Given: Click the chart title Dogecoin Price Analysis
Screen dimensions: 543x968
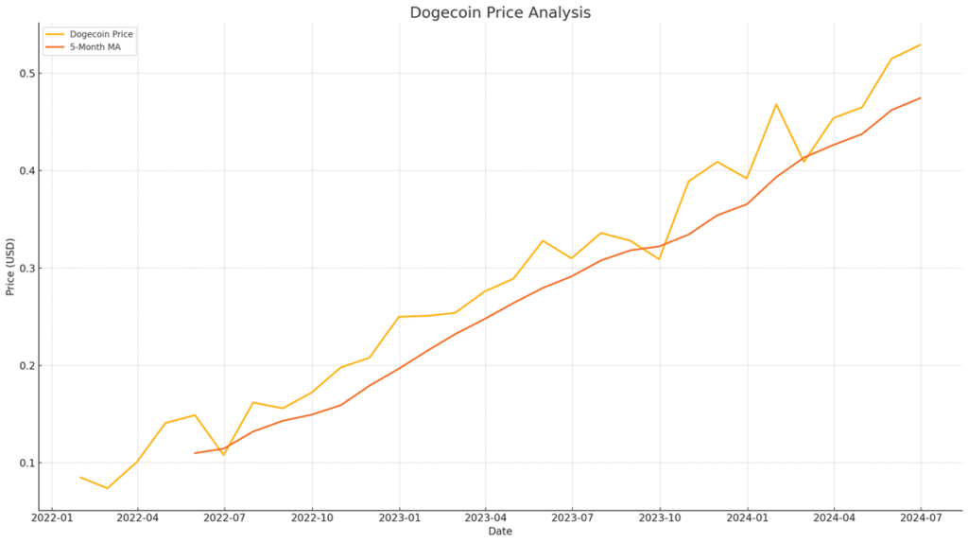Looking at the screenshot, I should click(500, 12).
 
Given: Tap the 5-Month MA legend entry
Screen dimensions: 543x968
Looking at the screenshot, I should click(95, 46).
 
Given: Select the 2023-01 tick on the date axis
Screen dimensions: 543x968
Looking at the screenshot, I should click(399, 518).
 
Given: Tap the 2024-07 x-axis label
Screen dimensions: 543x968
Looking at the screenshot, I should click(920, 518).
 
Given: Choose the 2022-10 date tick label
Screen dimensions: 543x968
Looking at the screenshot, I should click(311, 518).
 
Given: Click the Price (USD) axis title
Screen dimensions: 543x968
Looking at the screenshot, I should click(10, 268).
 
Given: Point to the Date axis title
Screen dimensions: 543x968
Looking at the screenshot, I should click(500, 532).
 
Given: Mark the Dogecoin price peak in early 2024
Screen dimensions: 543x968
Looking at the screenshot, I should click(776, 104).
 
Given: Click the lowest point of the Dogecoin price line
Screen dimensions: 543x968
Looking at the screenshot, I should click(108, 488).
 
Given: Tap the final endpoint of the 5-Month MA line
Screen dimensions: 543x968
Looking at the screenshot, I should click(920, 97).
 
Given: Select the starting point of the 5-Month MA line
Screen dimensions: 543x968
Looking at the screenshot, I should click(195, 453).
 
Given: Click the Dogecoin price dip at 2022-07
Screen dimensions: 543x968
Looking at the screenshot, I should click(224, 455).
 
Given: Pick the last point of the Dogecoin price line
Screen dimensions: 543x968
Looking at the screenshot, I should click(920, 44).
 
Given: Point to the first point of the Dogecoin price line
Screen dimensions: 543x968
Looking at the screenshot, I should click(79, 477).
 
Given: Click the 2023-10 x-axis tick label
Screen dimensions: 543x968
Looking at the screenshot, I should click(660, 518).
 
